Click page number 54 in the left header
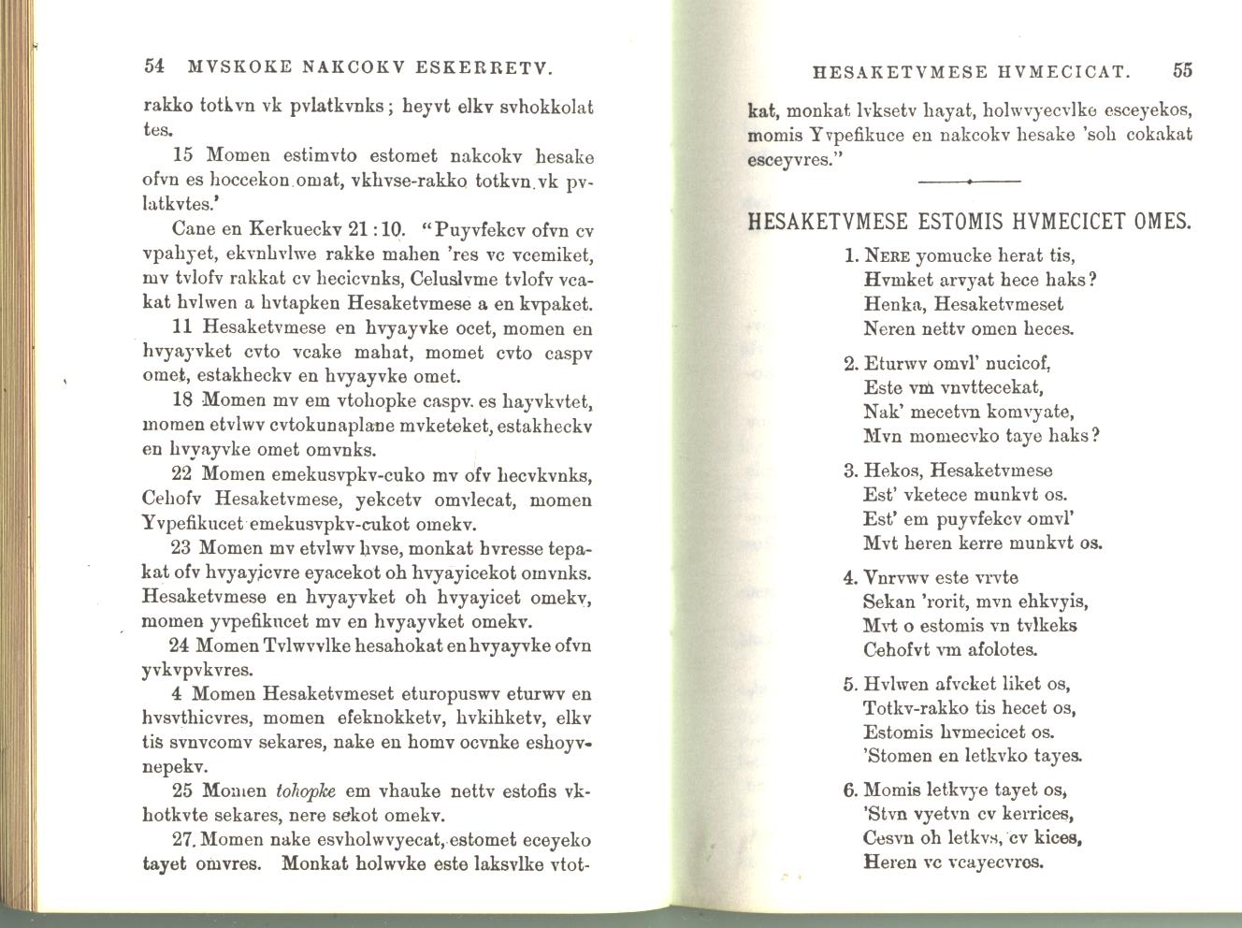155,67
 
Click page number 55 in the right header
1183,70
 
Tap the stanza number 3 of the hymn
850,471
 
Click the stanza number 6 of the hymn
850,790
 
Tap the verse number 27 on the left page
186,839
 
